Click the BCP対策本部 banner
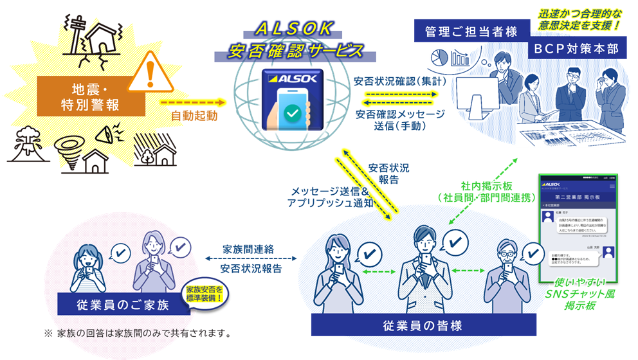coord(575,49)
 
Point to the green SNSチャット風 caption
coord(577,294)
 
